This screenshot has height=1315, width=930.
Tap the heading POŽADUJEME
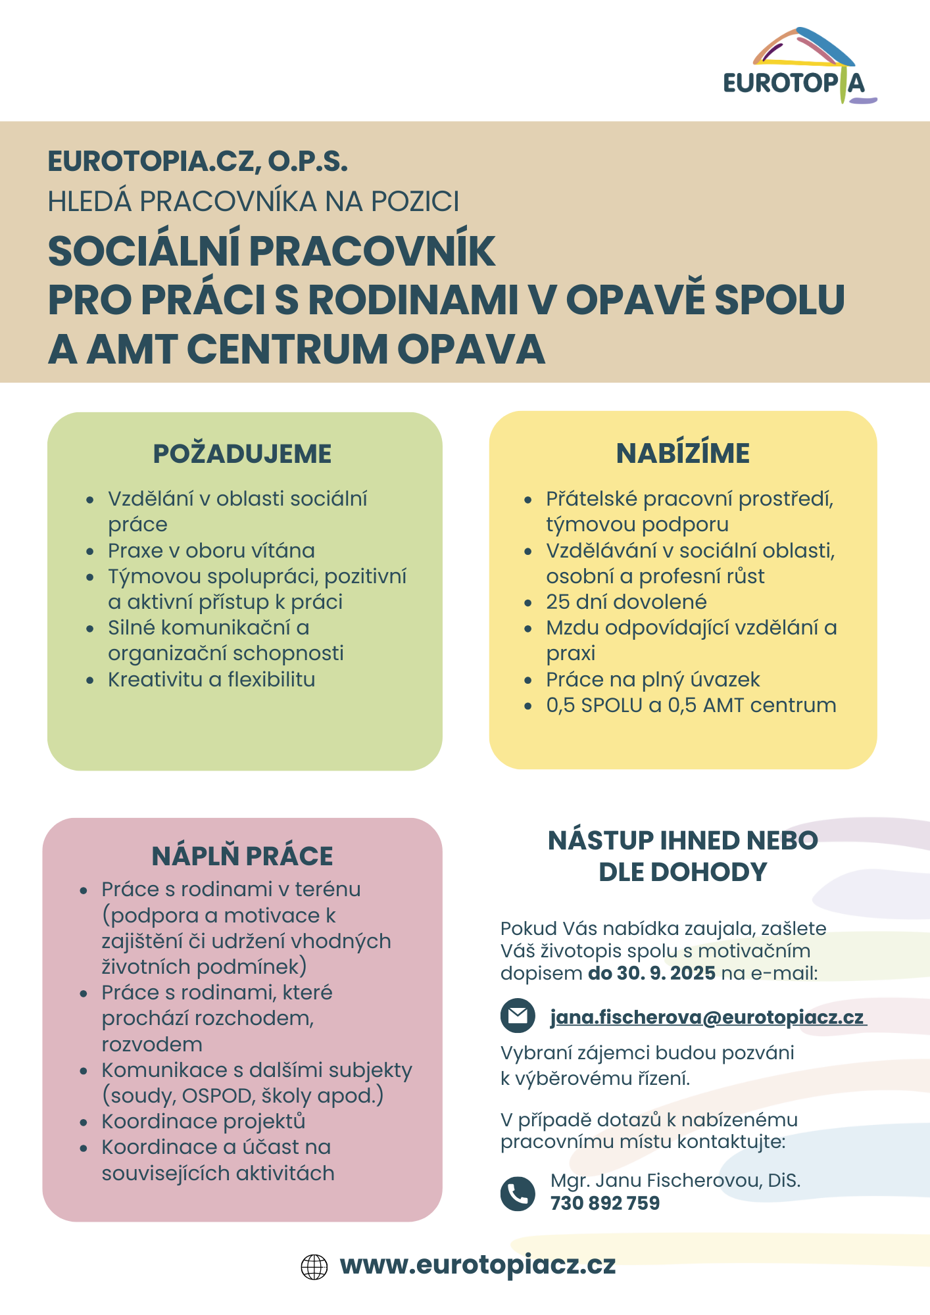coord(242,454)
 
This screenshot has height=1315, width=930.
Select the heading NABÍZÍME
coord(683,454)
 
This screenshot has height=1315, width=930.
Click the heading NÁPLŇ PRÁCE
coord(242,856)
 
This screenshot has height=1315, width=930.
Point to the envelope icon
coord(518,1016)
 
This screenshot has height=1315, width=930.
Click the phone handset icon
coord(518,1193)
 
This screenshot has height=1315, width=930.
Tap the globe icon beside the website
coord(314,1266)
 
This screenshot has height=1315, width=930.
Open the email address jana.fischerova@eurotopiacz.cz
coord(707,1017)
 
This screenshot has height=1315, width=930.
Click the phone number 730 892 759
coord(605,1203)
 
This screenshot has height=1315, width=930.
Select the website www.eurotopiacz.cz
coord(477,1265)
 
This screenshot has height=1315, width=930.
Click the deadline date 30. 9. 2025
coord(665,973)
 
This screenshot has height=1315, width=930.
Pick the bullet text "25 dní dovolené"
coord(626,602)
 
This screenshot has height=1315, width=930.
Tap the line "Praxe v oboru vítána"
coord(211,550)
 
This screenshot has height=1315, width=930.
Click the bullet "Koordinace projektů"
coord(203,1121)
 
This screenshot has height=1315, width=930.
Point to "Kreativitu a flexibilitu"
coord(211,679)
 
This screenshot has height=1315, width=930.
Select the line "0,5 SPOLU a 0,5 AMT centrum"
coord(691,705)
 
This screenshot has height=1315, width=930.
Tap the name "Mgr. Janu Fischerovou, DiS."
coord(675,1180)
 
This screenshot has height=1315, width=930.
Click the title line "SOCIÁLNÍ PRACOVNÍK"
coord(272,251)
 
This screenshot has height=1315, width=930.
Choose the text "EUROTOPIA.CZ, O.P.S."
coord(197,162)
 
